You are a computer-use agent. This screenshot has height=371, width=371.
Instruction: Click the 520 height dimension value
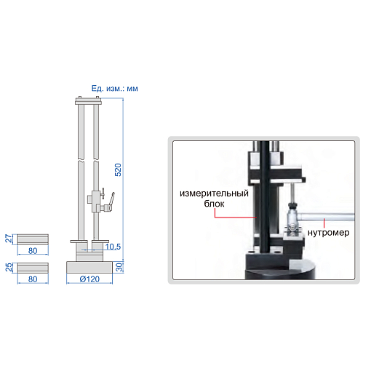pyautogui.click(x=118, y=169)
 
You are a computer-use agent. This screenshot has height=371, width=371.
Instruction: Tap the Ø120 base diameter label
pyautogui.click(x=89, y=279)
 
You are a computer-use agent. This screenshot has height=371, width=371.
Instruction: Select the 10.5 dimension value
pyautogui.click(x=113, y=247)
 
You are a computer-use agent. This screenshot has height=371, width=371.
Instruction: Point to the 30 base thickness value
pyautogui.click(x=119, y=267)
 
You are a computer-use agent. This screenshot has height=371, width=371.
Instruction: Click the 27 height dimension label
pyautogui.click(x=9, y=239)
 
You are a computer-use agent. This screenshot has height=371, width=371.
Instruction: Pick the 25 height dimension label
pyautogui.click(x=9, y=267)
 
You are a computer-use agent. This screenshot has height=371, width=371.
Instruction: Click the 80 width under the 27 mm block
pyautogui.click(x=33, y=251)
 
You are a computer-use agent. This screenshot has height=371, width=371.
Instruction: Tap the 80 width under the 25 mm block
pyautogui.click(x=33, y=279)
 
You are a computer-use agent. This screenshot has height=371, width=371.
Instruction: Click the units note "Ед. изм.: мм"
pyautogui.click(x=114, y=89)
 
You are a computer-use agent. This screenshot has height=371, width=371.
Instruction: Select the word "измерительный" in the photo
pyautogui.click(x=214, y=194)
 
